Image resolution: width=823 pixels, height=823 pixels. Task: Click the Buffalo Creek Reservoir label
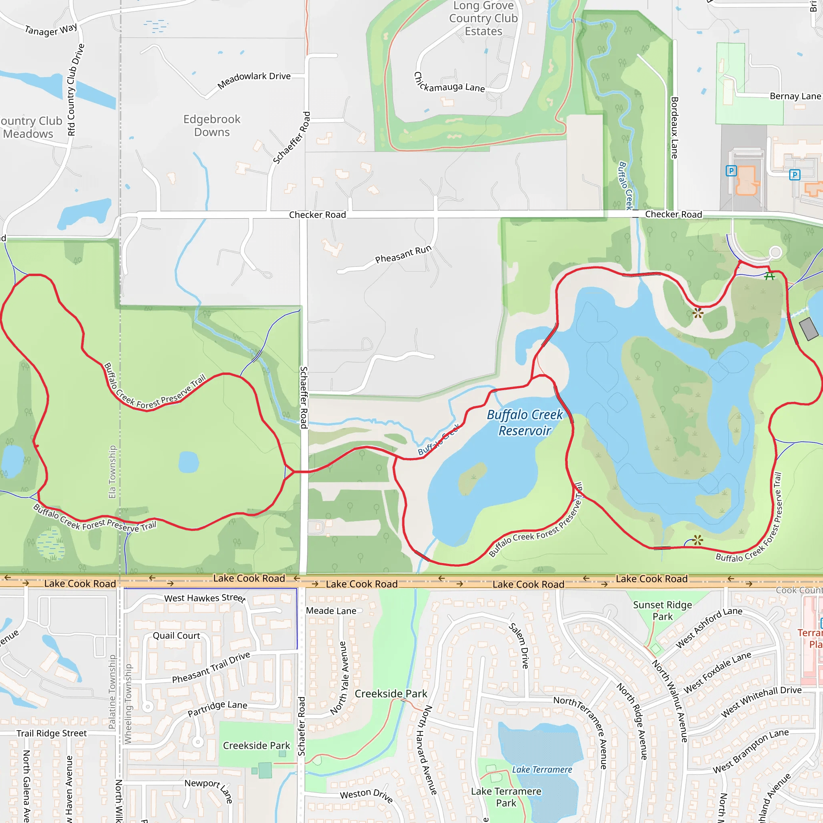tap(525, 423)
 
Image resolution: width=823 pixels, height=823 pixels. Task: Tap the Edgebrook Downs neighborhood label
tap(212, 126)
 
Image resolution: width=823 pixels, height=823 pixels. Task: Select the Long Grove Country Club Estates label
tap(483, 18)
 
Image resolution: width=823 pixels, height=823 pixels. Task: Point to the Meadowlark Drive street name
tap(254, 80)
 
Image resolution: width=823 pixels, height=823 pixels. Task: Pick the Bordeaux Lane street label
tap(674, 128)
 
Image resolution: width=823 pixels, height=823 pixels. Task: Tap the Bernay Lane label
tap(795, 96)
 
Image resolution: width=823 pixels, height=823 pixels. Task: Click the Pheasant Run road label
tap(403, 254)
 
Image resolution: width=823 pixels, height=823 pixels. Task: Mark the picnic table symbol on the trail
tap(769, 276)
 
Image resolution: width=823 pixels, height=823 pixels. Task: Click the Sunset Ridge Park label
tap(662, 610)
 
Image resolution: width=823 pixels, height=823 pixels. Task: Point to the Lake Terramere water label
tap(542, 769)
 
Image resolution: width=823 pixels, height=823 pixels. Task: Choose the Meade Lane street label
tap(331, 611)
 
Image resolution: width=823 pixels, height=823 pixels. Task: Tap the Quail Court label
tap(176, 636)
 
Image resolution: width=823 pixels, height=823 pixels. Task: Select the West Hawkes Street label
tap(205, 598)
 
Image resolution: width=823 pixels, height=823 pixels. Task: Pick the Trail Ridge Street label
tap(51, 733)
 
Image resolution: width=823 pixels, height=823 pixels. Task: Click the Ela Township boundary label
tap(112, 471)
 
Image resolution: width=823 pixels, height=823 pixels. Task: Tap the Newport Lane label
tap(209, 790)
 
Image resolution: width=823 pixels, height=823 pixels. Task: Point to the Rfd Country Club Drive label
tap(76, 90)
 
